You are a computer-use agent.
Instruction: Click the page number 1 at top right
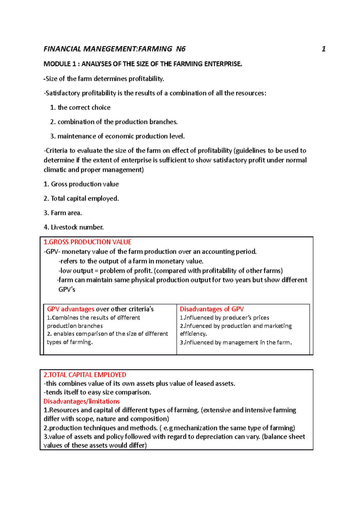coord(323,49)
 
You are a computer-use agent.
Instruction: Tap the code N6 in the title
coord(181,49)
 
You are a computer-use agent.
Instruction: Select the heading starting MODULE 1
coord(142,64)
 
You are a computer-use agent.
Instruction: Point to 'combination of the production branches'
coord(117,122)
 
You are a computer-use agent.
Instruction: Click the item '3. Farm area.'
coord(63,213)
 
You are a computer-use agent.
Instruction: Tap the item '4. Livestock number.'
coord(73,228)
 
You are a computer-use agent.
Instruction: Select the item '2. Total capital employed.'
coord(81,199)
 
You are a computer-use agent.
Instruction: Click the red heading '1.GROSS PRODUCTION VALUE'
coord(87,242)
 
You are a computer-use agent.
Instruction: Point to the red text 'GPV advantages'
coord(71,309)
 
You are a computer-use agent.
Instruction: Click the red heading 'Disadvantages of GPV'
coord(211,309)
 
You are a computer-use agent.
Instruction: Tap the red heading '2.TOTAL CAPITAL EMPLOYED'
coord(85,375)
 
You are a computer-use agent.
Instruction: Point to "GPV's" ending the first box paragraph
coord(67,290)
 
